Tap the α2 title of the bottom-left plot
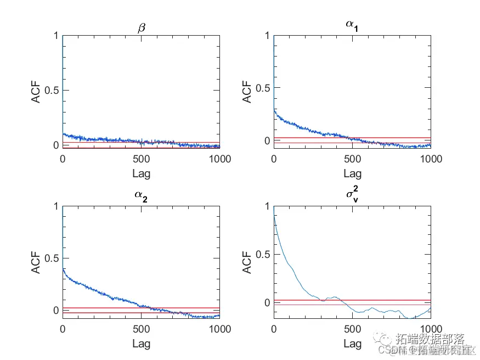(x=142, y=196)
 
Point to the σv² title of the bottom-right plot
(x=353, y=195)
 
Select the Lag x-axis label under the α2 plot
(x=142, y=344)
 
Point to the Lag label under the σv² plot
(x=353, y=344)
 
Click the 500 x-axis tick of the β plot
(x=142, y=159)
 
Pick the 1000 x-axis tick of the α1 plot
(x=430, y=159)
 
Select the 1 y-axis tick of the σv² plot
(x=267, y=206)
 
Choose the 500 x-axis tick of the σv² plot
(x=353, y=330)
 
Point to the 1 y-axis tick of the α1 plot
(x=267, y=36)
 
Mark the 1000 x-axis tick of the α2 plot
(x=219, y=330)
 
